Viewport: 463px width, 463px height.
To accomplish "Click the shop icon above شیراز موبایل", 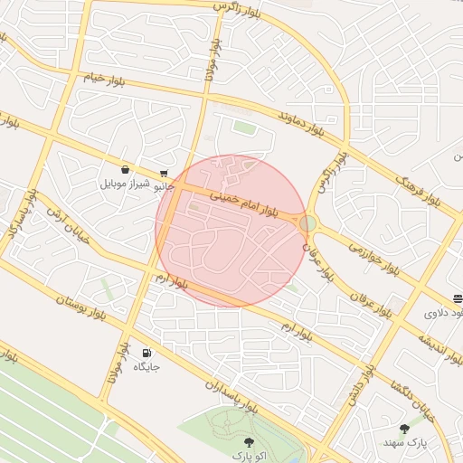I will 124,169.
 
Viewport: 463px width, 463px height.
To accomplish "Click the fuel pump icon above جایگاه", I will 146,353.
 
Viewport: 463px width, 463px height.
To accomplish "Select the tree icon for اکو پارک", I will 249,442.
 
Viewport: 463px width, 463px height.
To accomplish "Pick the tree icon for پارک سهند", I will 403,429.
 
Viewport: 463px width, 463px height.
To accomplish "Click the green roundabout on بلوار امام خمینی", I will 308,222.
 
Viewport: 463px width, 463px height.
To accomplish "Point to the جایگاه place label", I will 146,367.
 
